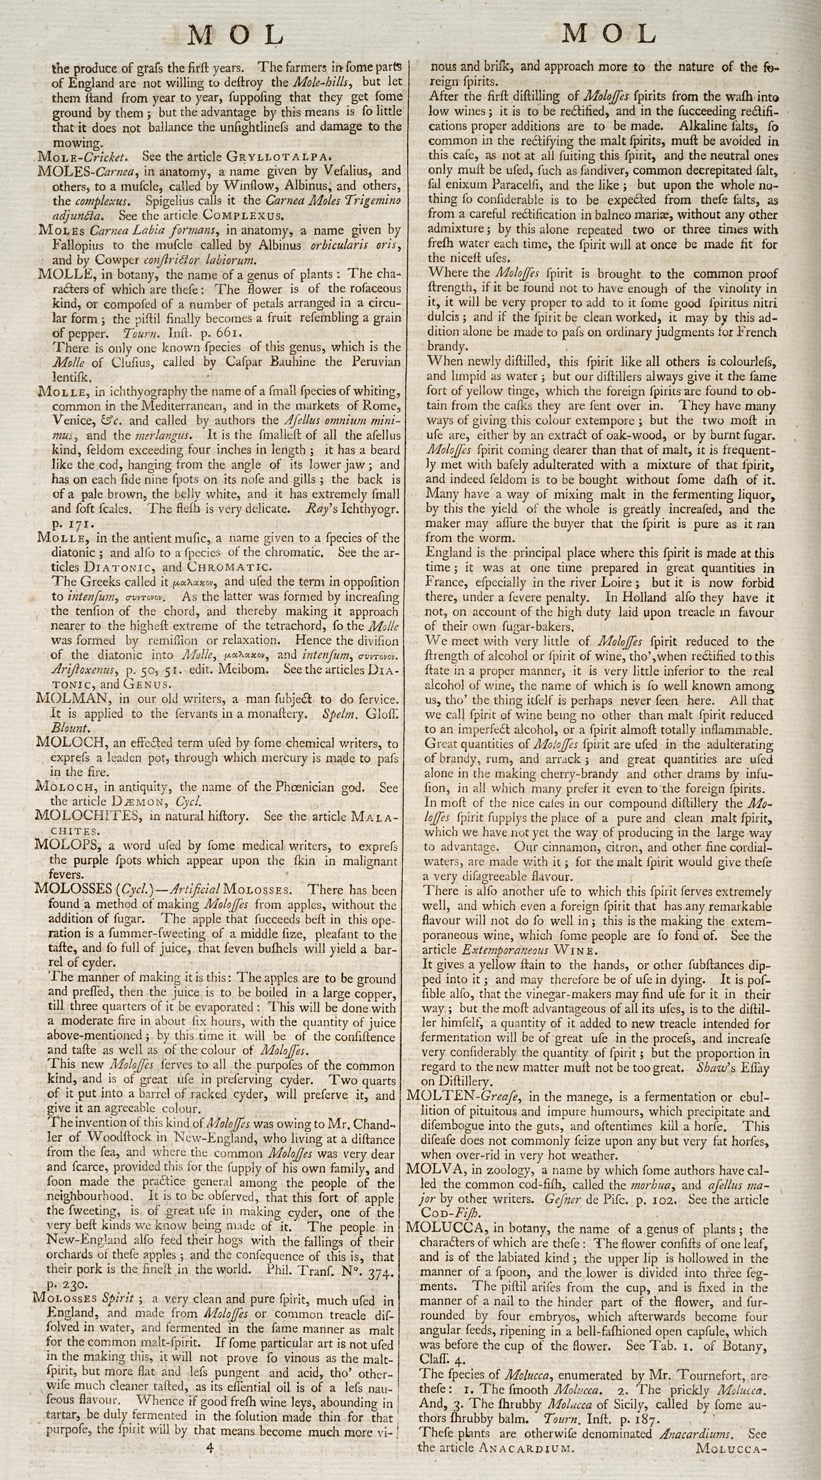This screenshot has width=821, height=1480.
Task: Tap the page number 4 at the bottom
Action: (210, 1460)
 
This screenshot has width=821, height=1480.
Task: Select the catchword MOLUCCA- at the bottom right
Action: (728, 1460)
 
